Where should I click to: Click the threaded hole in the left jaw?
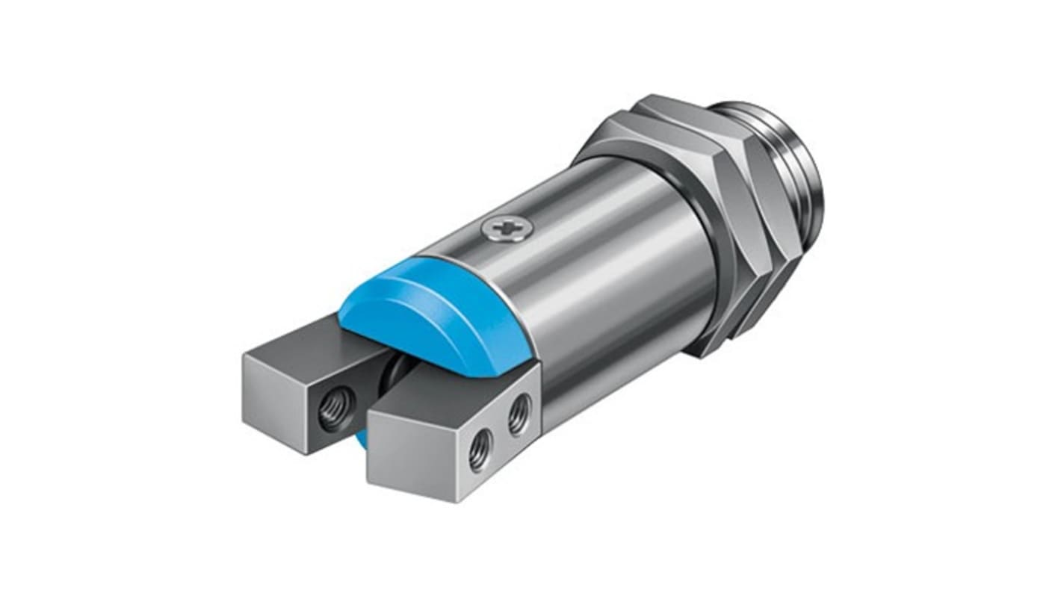pos(329,412)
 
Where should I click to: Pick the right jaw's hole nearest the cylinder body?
pos(521,415)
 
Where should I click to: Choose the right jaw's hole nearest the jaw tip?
pos(479,451)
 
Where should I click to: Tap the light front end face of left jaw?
pos(275,396)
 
